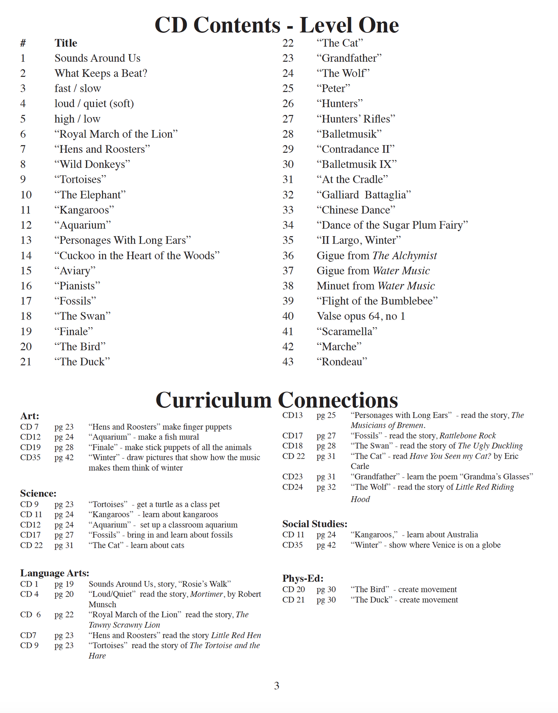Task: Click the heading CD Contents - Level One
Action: click(x=276, y=25)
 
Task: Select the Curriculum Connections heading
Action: click(x=276, y=400)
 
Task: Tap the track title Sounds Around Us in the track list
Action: click(x=97, y=58)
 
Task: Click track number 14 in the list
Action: click(x=26, y=255)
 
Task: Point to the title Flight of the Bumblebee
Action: click(x=377, y=301)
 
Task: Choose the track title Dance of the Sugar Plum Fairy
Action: click(x=392, y=225)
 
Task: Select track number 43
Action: click(x=288, y=362)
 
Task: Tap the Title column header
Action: click(x=66, y=43)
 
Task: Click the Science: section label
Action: click(x=38, y=493)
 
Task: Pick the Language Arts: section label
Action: click(x=54, y=573)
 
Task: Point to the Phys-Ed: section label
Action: click(x=303, y=578)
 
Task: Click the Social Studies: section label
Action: click(x=315, y=524)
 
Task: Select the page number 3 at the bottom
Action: click(x=276, y=686)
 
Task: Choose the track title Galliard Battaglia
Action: click(x=363, y=195)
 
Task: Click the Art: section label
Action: click(x=30, y=416)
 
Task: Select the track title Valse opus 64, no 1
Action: click(x=361, y=316)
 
